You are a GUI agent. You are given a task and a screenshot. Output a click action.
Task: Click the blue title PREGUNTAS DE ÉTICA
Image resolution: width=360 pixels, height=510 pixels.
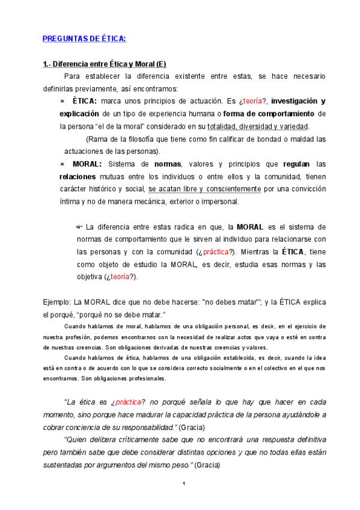pyautogui.click(x=84, y=39)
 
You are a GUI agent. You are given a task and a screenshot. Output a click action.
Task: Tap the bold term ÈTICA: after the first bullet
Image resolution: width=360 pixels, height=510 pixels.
pyautogui.click(x=81, y=101)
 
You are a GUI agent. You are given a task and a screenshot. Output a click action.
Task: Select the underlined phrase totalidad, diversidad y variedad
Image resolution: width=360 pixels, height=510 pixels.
pyautogui.click(x=258, y=126)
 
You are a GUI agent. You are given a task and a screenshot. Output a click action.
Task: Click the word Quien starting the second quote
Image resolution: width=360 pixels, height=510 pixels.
pyautogui.click(x=75, y=440)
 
